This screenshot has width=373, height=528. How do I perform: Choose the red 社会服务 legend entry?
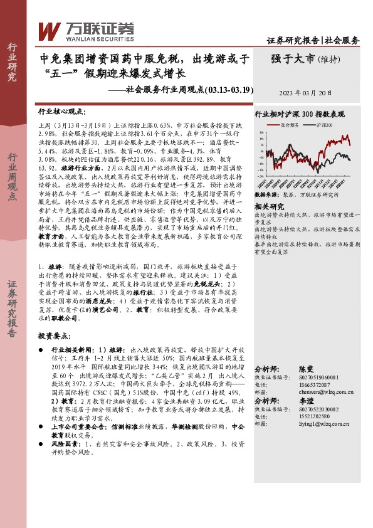[287, 125]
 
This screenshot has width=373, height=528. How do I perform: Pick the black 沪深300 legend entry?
[323, 125]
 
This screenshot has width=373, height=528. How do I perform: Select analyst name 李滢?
[305, 399]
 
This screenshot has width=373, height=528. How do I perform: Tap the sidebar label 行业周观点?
[12, 178]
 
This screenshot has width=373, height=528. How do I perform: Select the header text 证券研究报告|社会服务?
[313, 40]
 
